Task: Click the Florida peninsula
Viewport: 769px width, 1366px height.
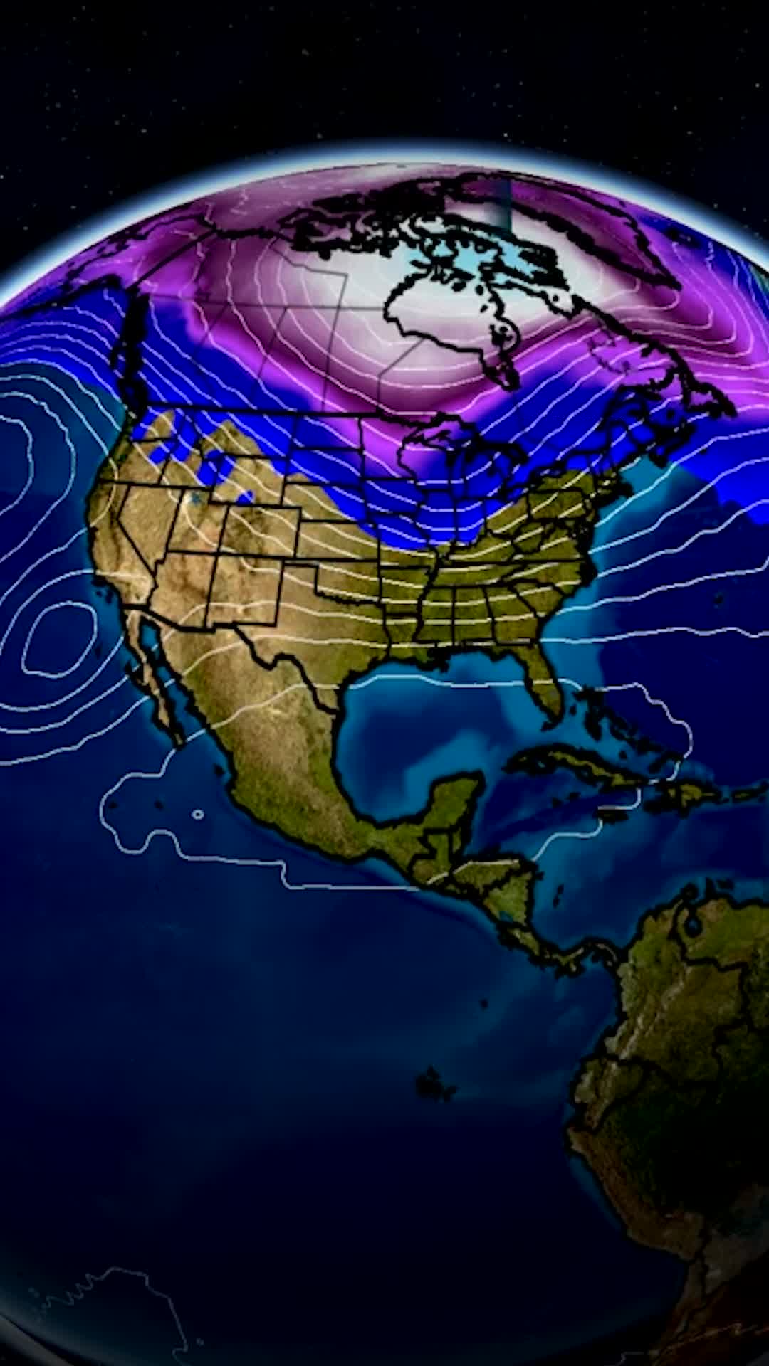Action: point(545,679)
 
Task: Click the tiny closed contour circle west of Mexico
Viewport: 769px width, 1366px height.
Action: point(198,814)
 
